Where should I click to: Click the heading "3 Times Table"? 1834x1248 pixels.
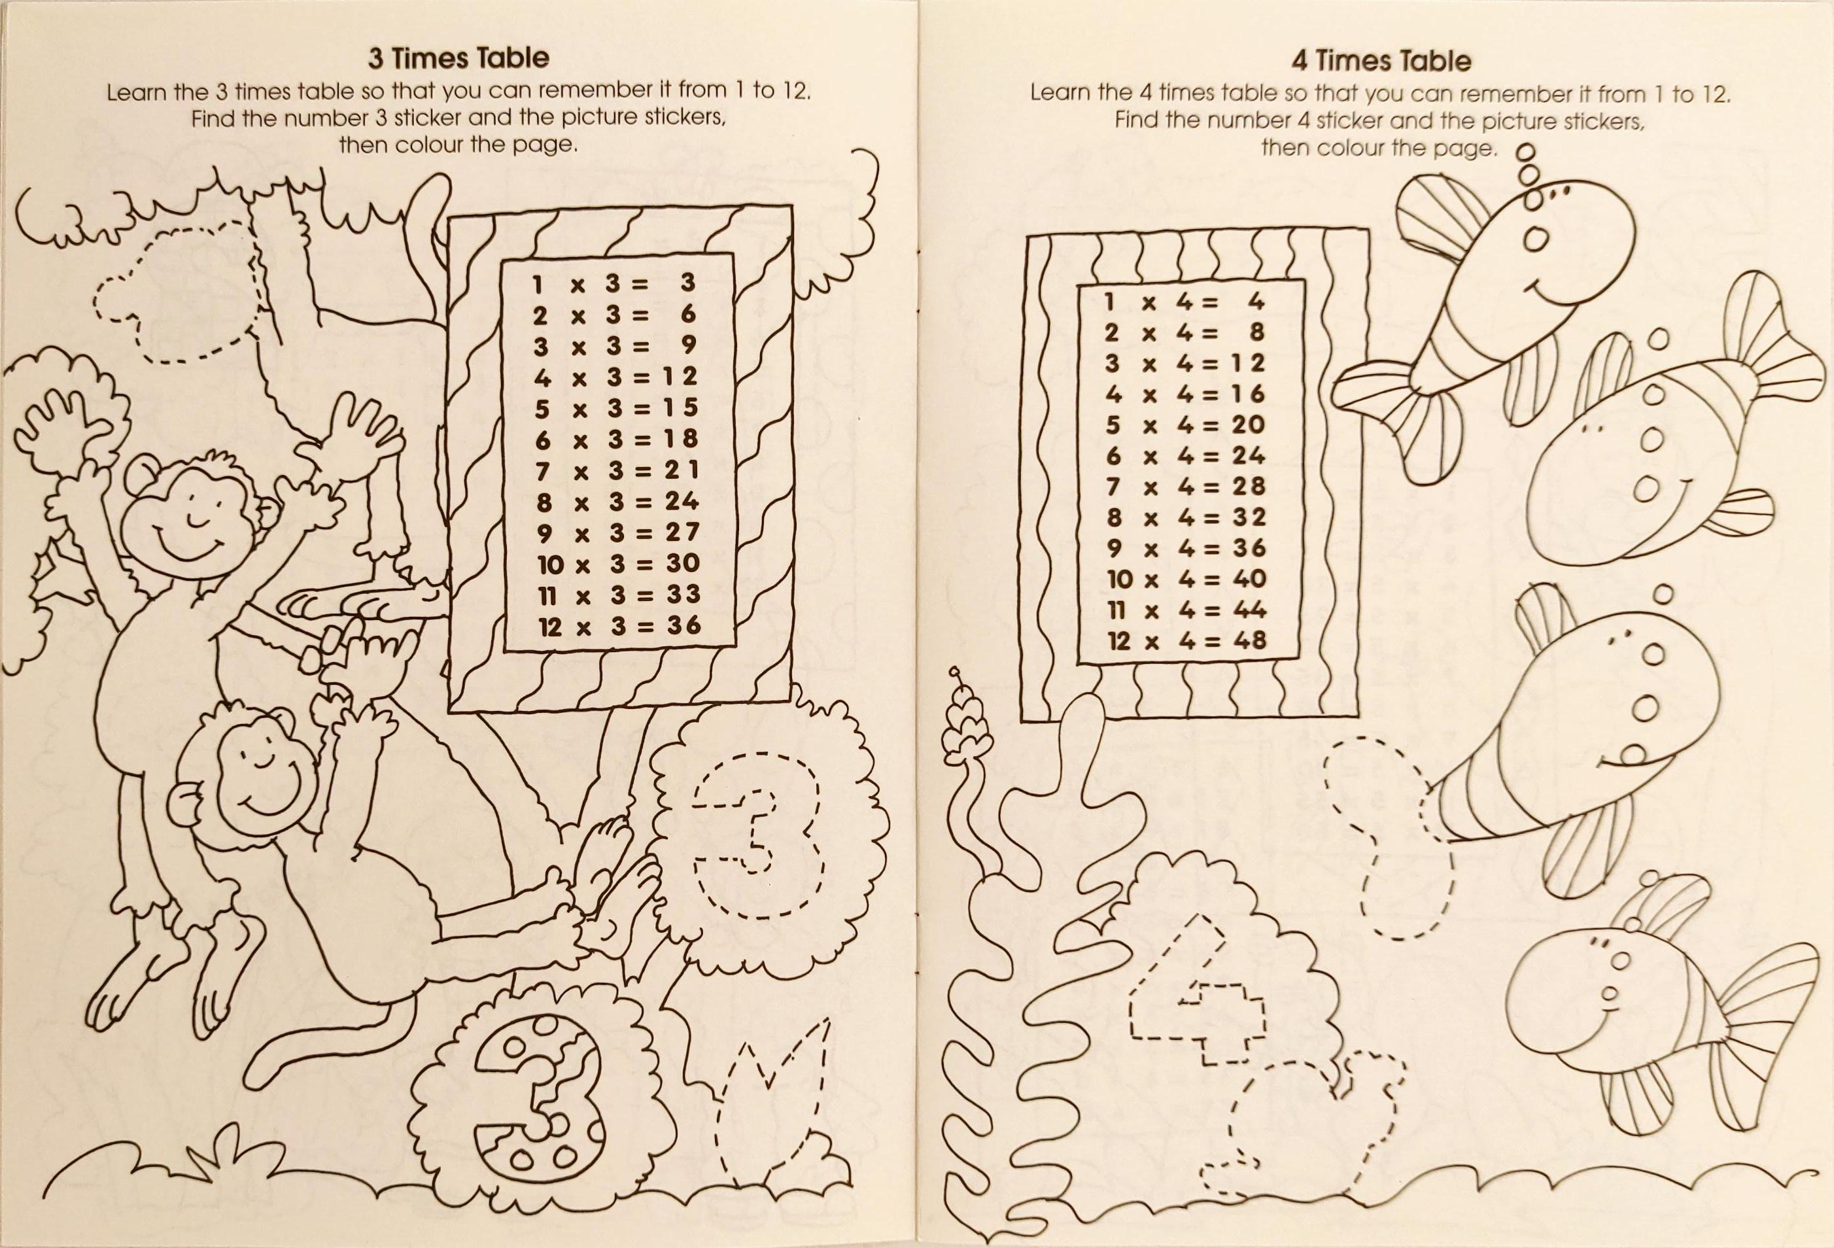(x=458, y=58)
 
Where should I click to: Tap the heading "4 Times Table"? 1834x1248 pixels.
(x=1380, y=61)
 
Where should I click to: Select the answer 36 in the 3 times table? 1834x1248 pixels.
(x=683, y=625)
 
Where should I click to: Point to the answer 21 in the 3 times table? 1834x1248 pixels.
(x=681, y=470)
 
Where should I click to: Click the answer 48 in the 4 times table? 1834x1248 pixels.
(x=1249, y=640)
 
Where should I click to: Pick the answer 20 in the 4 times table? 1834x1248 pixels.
(x=1248, y=425)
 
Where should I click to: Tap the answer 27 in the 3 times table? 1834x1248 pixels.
(x=682, y=532)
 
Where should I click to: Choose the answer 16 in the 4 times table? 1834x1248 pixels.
(x=1248, y=393)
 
